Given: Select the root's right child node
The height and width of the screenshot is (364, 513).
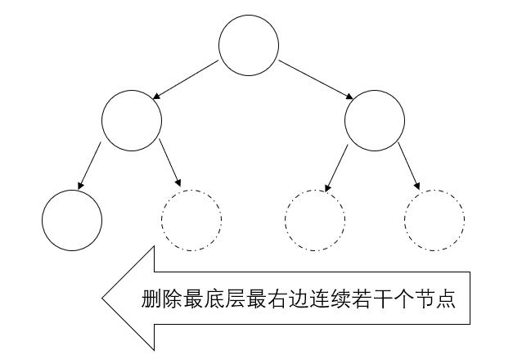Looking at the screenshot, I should pos(374,121).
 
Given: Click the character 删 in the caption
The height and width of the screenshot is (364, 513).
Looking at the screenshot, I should pos(152,299).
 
